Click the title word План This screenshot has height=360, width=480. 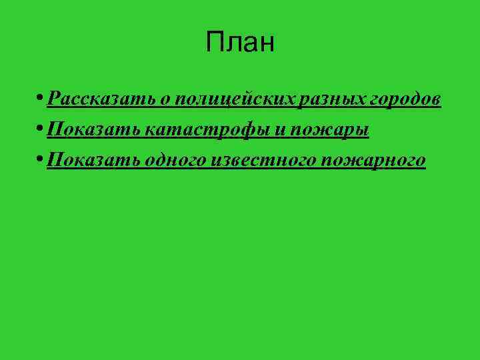[x=240, y=43]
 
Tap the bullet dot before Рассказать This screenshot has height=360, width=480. [x=41, y=99]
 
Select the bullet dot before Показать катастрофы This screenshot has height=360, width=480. [x=41, y=129]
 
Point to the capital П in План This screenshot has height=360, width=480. [x=215, y=43]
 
